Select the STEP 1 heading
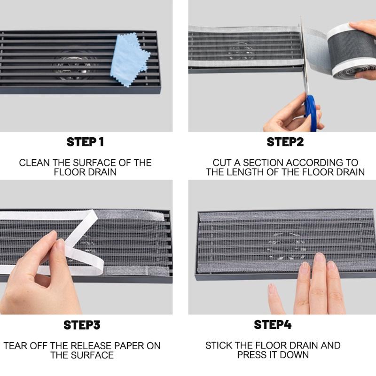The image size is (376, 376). (x=85, y=142)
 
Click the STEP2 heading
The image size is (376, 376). (x=285, y=142)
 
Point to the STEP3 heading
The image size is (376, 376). (x=82, y=325)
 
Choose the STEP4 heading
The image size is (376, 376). (x=273, y=325)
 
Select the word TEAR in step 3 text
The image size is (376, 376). (x=16, y=346)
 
